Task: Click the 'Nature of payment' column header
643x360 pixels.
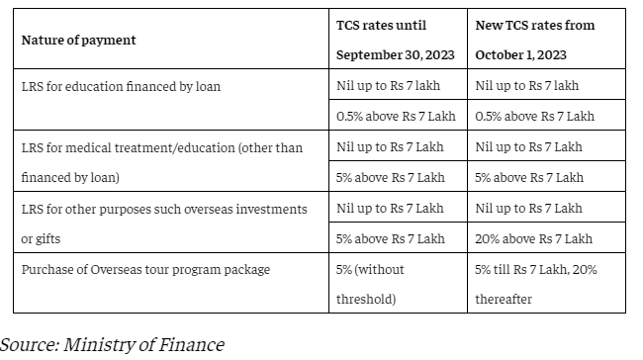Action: coord(78,41)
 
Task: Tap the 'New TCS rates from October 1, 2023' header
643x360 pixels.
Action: coord(535,40)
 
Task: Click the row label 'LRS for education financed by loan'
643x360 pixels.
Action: coord(121,86)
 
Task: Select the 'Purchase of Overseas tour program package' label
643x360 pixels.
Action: coord(144,269)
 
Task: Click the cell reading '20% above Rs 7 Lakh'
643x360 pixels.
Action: coord(535,238)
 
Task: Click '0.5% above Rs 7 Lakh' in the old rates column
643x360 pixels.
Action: coord(397,116)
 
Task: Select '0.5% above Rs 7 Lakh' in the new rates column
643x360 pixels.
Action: coord(535,116)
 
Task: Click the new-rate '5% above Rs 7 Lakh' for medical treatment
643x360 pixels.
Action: coord(529,177)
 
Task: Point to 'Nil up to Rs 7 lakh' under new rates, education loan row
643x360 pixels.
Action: coord(528,86)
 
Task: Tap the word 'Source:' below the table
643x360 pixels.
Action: coord(29,344)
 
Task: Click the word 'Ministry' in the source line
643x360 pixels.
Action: coord(100,344)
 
